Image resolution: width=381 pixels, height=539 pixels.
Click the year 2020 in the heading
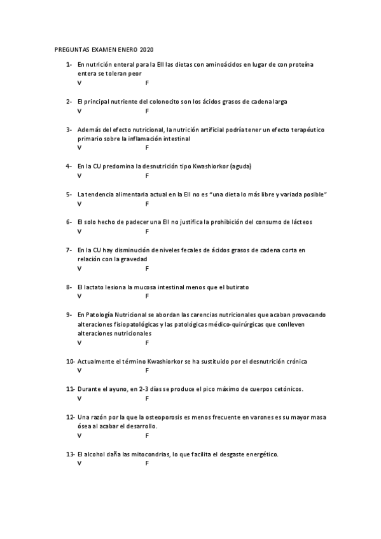[146, 49]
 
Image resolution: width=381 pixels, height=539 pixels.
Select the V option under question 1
[80, 83]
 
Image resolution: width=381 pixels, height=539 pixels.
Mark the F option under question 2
[147, 111]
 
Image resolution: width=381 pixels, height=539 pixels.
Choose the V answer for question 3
[80, 148]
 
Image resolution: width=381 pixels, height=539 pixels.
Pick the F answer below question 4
[147, 176]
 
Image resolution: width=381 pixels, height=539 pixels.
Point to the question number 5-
[69, 194]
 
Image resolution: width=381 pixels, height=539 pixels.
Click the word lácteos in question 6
[300, 222]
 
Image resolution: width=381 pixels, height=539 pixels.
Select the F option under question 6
[147, 231]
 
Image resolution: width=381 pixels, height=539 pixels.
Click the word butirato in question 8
[237, 287]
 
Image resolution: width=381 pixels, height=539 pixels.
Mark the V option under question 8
[80, 296]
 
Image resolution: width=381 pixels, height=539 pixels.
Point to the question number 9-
[69, 315]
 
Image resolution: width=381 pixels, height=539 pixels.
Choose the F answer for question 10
[147, 371]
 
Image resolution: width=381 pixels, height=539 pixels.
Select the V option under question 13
[80, 463]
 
